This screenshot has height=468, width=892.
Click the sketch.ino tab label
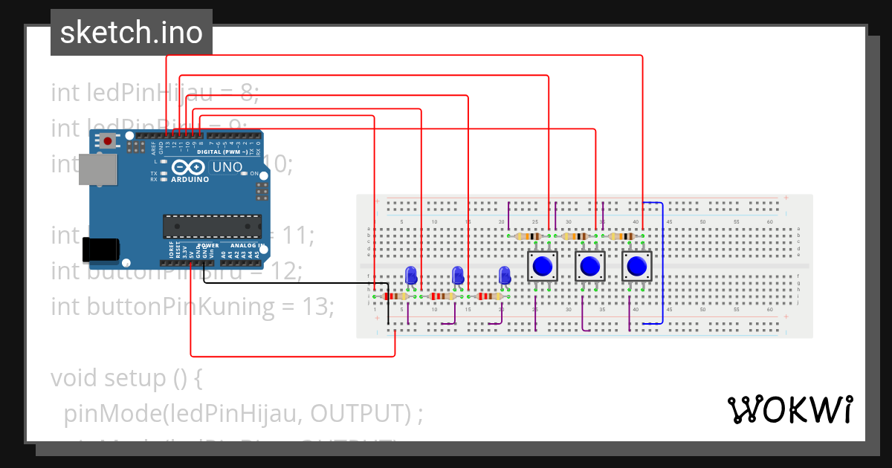[x=131, y=33]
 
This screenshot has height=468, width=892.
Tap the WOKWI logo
[x=789, y=409]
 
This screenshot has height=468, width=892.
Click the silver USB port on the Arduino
[x=99, y=169]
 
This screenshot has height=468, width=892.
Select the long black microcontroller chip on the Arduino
[x=212, y=226]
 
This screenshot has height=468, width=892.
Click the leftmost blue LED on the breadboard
[x=410, y=275]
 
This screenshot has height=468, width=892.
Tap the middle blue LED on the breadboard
[x=459, y=275]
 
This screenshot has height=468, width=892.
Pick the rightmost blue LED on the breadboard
[x=505, y=275]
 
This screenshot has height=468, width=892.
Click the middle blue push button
[x=590, y=265]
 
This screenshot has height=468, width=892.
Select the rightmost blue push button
[x=636, y=265]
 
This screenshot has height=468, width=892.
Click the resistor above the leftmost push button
[x=528, y=236]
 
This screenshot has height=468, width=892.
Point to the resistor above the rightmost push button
[x=622, y=236]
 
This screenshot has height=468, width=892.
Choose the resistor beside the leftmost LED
[x=394, y=296]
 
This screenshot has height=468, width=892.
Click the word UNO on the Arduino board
[x=227, y=167]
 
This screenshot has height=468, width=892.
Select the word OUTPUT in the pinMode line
[x=360, y=413]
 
